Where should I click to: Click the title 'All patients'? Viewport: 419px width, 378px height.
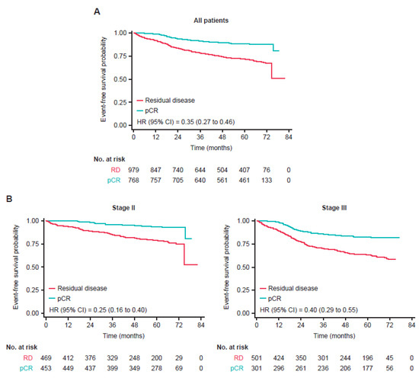tap(211, 24)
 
